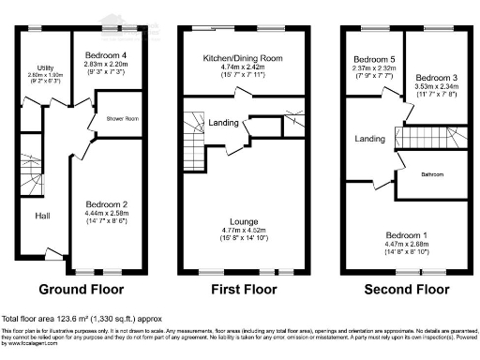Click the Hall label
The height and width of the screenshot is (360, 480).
42,216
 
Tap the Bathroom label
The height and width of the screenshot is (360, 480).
431,173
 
